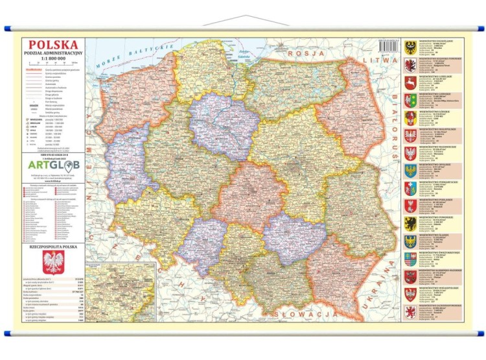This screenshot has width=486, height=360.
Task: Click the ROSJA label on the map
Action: [305, 54]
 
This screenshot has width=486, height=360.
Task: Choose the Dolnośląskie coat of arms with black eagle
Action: [410, 47]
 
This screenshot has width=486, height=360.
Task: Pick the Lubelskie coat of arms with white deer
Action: [410, 82]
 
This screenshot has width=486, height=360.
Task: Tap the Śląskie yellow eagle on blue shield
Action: [410, 241]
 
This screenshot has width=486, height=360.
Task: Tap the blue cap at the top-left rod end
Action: [7, 29]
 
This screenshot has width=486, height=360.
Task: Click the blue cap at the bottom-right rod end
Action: [480, 333]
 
